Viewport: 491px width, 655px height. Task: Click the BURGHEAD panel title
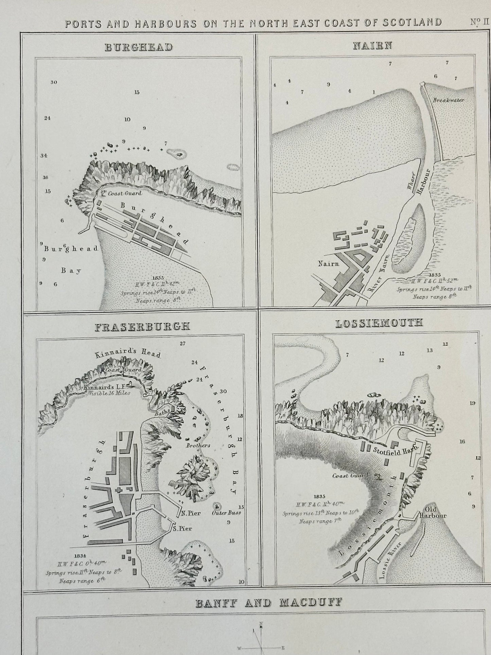[x=138, y=47]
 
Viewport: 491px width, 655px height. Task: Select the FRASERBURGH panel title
[x=142, y=326]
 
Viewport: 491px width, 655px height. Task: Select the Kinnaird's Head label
[x=128, y=353]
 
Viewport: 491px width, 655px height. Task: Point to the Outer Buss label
[x=226, y=512]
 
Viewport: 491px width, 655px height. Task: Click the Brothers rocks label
[x=198, y=445]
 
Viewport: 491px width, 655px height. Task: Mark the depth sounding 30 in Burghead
[x=53, y=82]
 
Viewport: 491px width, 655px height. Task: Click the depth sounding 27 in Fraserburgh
[x=182, y=343]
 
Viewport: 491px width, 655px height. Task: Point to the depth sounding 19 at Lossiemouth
[x=472, y=403]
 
